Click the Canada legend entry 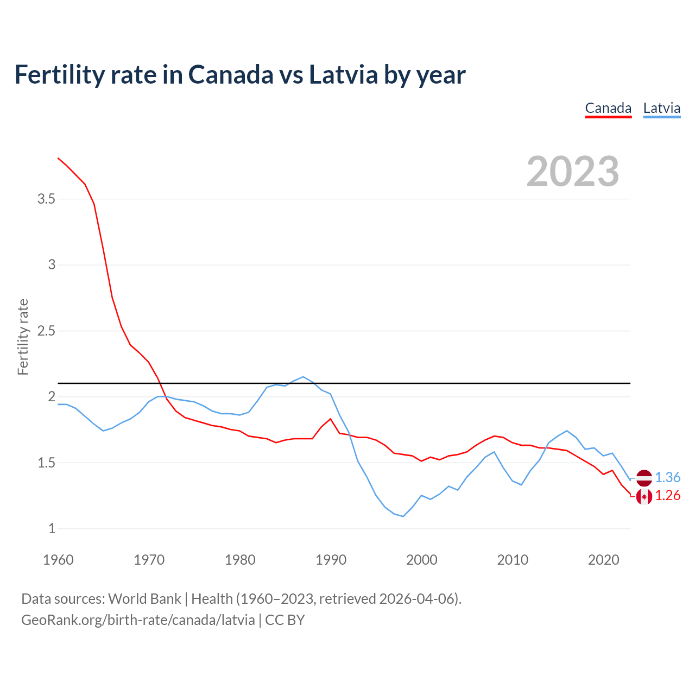click(608, 109)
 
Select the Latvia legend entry click(661, 109)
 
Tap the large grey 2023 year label click(573, 172)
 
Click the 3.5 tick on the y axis click(47, 199)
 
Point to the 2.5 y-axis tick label click(47, 331)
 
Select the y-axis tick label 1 click(52, 529)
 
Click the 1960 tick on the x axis click(58, 560)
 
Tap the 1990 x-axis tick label click(331, 560)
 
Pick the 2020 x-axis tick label click(603, 560)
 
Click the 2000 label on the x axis click(421, 560)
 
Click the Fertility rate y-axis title click(23, 337)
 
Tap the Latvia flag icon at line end click(644, 478)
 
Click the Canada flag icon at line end click(644, 496)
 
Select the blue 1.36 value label click(667, 478)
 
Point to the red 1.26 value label click(667, 496)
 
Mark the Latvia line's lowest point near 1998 click(403, 516)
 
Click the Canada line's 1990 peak click(331, 419)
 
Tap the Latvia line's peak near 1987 click(303, 376)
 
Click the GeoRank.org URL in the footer click(138, 620)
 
